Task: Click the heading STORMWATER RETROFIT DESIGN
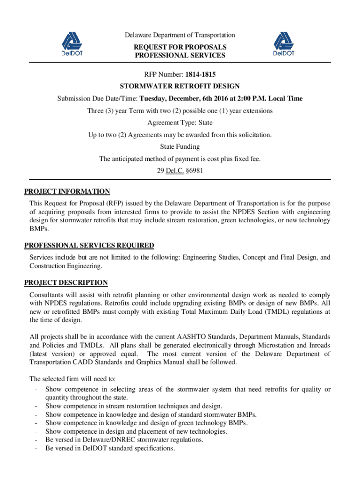click(x=180, y=86)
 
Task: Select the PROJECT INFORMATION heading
click(x=67, y=191)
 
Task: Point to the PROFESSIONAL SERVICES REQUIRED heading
click(x=89, y=246)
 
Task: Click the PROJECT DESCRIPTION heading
click(x=66, y=283)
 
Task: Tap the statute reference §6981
click(x=193, y=171)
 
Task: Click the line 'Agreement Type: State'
click(x=180, y=123)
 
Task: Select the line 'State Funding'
click(x=180, y=147)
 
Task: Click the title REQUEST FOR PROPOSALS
click(x=180, y=47)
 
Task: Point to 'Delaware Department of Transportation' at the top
click(x=180, y=35)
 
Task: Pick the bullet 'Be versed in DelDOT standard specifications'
click(x=110, y=448)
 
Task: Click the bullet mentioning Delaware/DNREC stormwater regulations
click(x=124, y=440)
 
